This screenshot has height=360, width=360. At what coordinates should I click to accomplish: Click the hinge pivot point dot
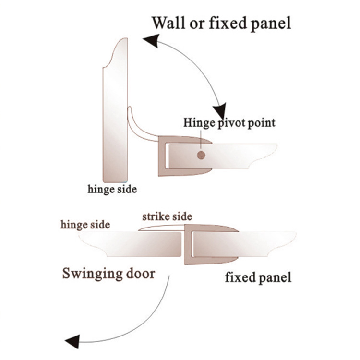(x=201, y=155)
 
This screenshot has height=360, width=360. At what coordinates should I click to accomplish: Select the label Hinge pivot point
(x=229, y=122)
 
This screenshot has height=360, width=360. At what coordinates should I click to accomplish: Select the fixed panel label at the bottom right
(x=258, y=277)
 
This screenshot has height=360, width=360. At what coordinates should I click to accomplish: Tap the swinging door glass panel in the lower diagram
(x=134, y=242)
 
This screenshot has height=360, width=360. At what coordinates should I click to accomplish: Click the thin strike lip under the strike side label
(x=158, y=228)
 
